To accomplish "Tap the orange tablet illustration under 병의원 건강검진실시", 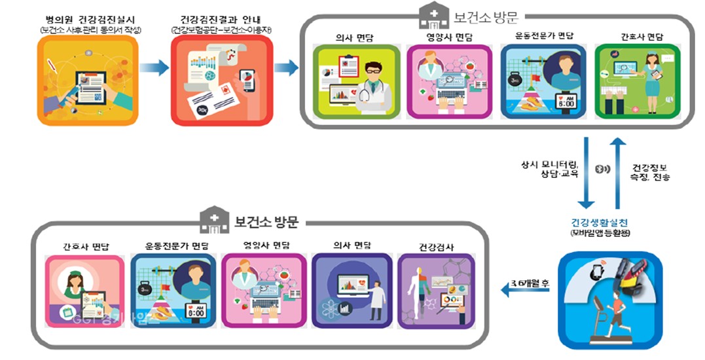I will click(88, 80).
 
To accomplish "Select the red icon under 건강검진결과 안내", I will click(222, 80).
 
